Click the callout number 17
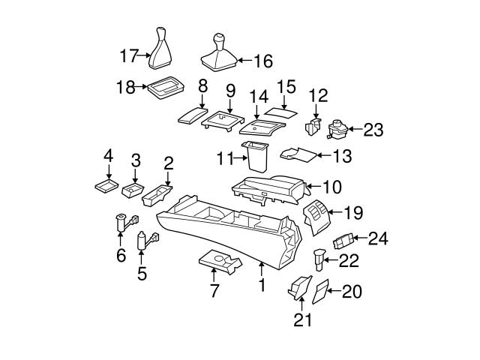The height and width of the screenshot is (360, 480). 130,55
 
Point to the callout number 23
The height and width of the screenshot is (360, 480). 373,130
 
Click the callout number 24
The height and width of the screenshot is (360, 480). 379,239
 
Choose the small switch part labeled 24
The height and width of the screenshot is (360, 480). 344,242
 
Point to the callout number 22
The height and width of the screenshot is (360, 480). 349,261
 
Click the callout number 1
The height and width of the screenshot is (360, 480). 262,285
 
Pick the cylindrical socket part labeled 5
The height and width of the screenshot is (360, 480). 142,241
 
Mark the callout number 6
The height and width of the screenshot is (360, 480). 121,256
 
